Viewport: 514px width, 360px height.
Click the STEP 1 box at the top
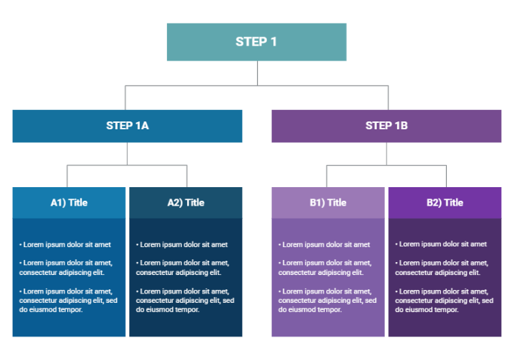coord(256,41)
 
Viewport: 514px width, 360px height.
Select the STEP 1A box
coord(127,126)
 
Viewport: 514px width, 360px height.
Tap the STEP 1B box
coord(386,126)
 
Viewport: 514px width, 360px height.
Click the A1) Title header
coord(69,202)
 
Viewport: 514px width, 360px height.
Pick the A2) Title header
coord(186,202)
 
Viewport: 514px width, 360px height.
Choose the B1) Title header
coord(328,202)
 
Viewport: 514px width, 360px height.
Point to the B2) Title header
coord(445,202)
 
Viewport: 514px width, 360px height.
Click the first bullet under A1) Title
coord(65,244)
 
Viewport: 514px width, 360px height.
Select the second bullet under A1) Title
coord(65,267)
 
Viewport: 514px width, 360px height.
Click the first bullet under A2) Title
coord(182,244)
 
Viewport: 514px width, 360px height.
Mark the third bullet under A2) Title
coord(185,300)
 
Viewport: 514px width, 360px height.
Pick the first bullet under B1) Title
coord(324,244)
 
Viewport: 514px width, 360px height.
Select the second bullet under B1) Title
coord(324,267)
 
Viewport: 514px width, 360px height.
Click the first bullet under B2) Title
coord(441,244)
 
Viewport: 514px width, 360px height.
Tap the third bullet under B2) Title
coord(444,300)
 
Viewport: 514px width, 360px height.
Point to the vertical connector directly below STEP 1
coord(257,73)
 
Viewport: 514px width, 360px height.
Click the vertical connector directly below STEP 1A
coord(127,154)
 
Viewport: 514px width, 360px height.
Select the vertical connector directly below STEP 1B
coord(387,154)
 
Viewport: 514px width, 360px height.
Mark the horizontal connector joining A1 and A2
coord(127,166)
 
